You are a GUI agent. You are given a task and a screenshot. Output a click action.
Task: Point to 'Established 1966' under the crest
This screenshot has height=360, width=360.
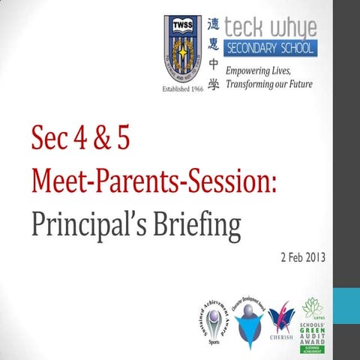click(x=183, y=88)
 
